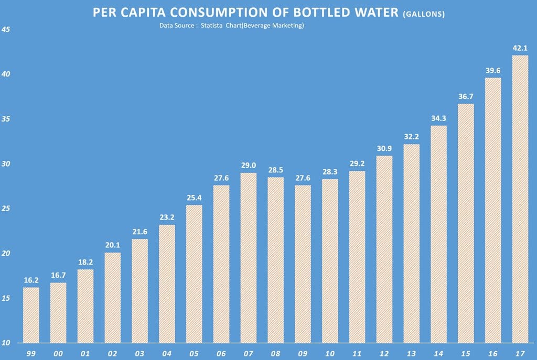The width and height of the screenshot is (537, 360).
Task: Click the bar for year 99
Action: click(x=31, y=314)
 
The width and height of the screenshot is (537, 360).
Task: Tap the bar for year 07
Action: click(x=248, y=257)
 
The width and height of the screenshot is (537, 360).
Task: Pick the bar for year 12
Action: click(x=384, y=248)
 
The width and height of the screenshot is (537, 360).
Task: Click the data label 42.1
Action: click(x=520, y=48)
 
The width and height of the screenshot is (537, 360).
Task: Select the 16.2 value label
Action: click(x=31, y=280)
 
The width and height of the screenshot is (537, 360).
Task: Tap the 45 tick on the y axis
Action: click(x=6, y=30)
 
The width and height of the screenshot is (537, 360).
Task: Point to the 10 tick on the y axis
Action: click(x=6, y=343)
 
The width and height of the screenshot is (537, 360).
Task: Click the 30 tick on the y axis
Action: click(x=6, y=164)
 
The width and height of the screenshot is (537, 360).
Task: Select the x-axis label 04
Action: click(x=167, y=354)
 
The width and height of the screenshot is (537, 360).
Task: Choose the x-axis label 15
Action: click(x=465, y=354)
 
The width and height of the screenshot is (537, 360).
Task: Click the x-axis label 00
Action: click(x=58, y=354)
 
